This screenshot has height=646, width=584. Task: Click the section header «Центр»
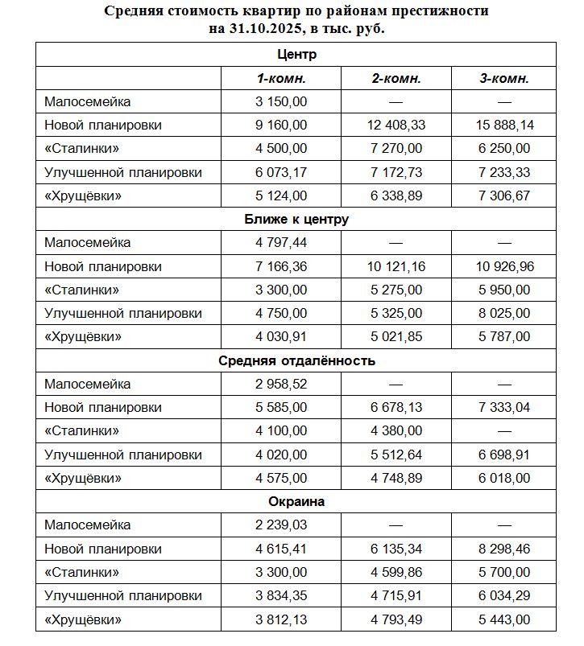[296, 55]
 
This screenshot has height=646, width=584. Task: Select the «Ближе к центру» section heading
[296, 219]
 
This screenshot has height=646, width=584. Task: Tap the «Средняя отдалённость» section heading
[296, 360]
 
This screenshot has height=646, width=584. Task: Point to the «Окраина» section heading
[296, 501]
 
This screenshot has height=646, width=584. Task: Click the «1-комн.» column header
[281, 79]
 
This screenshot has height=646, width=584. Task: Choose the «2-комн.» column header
[396, 79]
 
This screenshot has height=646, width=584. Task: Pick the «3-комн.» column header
[504, 79]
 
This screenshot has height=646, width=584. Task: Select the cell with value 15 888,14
[504, 125]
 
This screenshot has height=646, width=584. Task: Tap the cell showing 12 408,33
[396, 125]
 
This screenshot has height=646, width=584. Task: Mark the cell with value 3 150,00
[281, 101]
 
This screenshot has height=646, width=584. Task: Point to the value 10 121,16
[396, 266]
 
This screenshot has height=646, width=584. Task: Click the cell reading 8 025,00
[504, 313]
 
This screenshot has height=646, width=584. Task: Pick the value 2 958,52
[281, 384]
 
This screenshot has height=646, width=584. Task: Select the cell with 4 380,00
[396, 431]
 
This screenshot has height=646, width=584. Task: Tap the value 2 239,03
[281, 525]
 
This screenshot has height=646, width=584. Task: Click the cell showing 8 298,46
[504, 549]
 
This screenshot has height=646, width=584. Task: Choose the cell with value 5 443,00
[504, 619]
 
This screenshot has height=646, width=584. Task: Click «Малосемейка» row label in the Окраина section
[87, 525]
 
